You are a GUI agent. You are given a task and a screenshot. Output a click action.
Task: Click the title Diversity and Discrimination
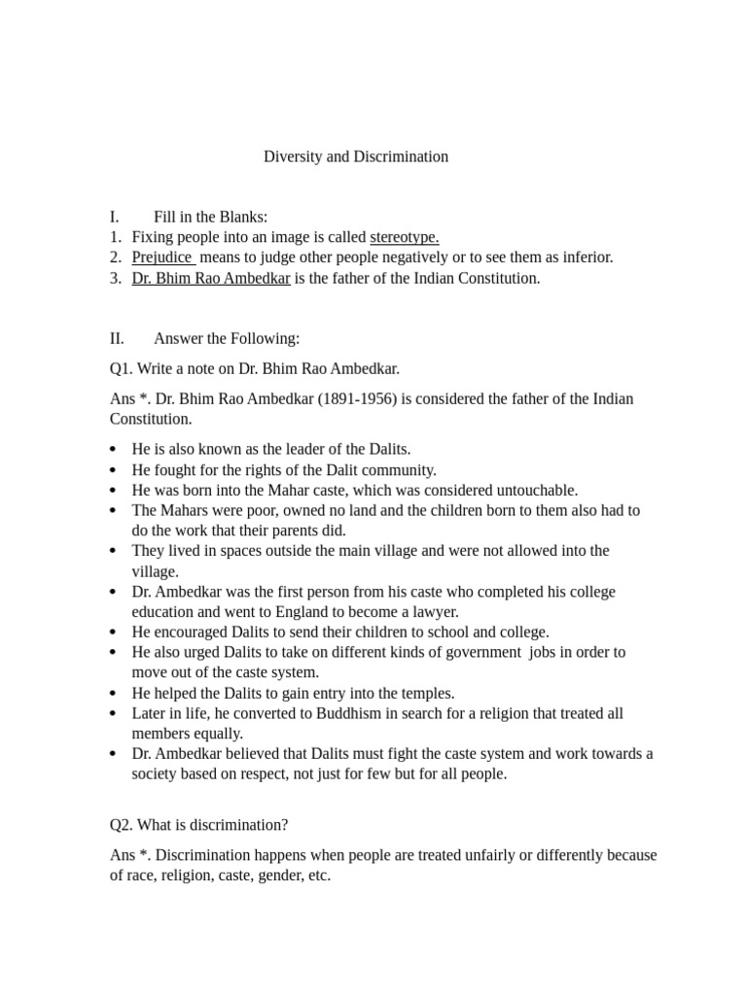pyautogui.click(x=356, y=156)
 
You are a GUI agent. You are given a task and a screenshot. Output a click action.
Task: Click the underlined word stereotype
pyautogui.click(x=404, y=237)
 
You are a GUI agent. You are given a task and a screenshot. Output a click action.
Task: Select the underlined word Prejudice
pyautogui.click(x=162, y=257)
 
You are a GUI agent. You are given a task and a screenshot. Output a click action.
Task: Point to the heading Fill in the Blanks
pyautogui.click(x=210, y=217)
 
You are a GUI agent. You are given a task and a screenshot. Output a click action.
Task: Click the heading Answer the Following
pyautogui.click(x=227, y=338)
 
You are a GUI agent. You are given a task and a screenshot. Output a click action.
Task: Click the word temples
pyautogui.click(x=428, y=693)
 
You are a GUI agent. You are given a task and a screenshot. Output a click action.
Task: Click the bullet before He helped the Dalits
pyautogui.click(x=114, y=694)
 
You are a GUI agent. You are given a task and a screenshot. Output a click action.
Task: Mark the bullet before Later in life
pyautogui.click(x=114, y=714)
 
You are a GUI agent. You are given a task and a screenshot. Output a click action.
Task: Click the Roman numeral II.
pyautogui.click(x=117, y=338)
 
